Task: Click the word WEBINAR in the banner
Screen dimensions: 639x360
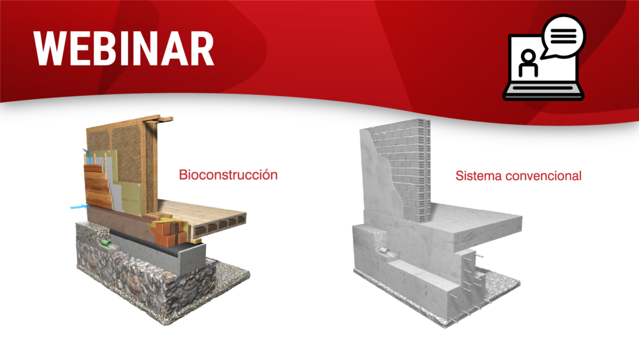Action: [124, 49]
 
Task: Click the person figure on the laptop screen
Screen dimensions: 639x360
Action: [528, 64]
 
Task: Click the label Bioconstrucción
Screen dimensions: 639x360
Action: [228, 175]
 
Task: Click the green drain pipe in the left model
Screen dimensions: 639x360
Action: [107, 243]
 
